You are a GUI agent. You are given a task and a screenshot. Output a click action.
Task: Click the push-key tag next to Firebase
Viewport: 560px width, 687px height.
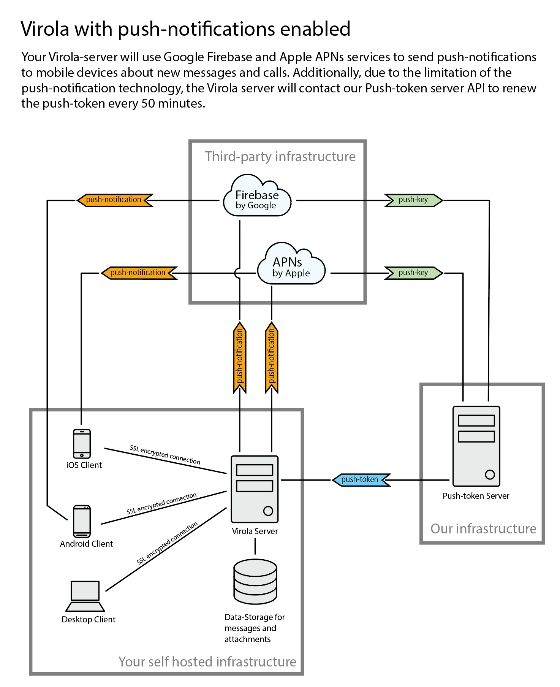click(414, 200)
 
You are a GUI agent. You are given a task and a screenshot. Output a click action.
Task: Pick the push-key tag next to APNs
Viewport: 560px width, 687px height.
click(414, 273)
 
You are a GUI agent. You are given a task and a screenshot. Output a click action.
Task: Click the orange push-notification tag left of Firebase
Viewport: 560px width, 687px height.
click(114, 200)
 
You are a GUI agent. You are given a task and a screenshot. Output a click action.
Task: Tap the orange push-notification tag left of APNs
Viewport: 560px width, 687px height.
click(139, 273)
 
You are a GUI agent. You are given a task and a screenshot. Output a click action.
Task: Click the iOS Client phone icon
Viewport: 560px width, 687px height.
click(82, 444)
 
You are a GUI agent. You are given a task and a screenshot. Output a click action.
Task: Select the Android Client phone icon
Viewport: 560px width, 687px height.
click(82, 521)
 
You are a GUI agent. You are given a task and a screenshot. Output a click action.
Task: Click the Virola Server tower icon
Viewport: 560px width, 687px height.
click(255, 489)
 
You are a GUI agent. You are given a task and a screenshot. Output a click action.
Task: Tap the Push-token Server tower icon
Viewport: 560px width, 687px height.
click(476, 446)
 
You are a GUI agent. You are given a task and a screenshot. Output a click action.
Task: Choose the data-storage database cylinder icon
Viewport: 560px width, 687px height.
click(255, 581)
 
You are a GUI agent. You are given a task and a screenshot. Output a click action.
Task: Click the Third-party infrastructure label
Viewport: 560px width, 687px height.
click(280, 157)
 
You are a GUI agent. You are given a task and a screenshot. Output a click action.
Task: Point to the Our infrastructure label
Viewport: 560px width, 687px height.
click(483, 528)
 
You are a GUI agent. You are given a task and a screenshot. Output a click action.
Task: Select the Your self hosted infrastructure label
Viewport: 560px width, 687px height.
click(207, 662)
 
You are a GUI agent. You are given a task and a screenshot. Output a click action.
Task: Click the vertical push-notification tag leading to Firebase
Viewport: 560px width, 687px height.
click(239, 357)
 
